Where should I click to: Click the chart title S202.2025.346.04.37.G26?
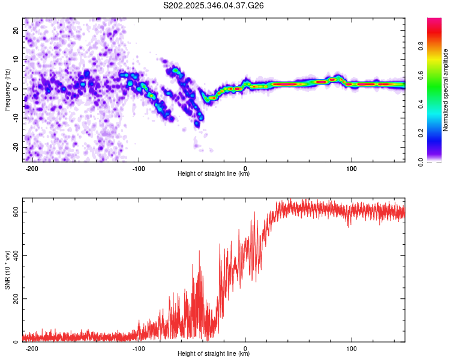coord(214,5)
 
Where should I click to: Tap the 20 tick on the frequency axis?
coord(15,31)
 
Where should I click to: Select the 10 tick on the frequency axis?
coord(15,60)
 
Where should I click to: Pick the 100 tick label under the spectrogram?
coord(352,168)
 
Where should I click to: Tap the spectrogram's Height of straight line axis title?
coord(214,174)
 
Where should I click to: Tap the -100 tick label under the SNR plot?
coord(139,348)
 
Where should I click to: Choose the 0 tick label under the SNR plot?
coord(245,348)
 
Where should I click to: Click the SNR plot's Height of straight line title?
coord(214,354)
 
